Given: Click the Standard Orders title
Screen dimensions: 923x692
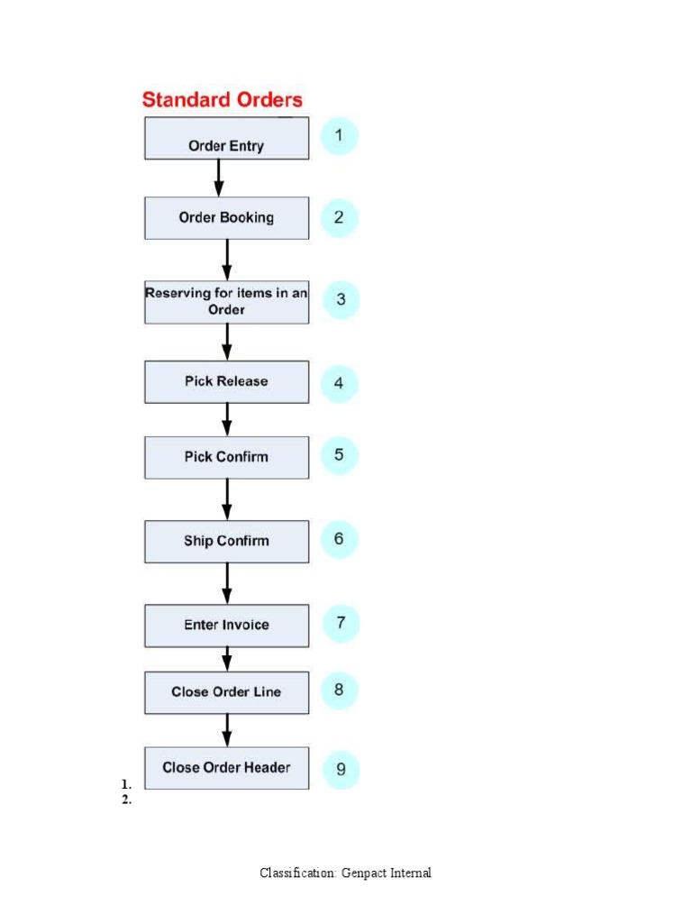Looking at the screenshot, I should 223,99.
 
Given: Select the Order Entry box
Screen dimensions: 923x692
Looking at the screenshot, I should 226,139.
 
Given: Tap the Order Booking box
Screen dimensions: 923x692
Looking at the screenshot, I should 226,217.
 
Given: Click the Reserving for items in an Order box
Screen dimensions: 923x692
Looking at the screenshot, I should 226,301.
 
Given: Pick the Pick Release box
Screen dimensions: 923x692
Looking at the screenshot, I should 226,381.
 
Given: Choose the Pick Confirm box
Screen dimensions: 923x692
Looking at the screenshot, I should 226,457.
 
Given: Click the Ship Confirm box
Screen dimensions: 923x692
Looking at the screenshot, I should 226,541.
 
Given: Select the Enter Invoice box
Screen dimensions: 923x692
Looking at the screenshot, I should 226,625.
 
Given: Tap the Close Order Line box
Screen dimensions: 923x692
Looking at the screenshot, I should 226,692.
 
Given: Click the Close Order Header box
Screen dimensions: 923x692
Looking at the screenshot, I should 226,768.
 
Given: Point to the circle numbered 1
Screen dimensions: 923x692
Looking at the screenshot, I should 339,137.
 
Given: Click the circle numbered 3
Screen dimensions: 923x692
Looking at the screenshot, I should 341,300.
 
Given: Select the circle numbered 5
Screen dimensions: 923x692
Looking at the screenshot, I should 339,455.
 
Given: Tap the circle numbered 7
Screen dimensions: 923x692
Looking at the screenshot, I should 341,623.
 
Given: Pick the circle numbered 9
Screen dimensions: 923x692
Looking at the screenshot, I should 341,770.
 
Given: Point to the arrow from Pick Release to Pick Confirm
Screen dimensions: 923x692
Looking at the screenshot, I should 227,419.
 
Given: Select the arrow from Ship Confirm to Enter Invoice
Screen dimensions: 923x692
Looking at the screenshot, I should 227,583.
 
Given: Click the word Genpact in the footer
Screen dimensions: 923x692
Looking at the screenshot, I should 364,873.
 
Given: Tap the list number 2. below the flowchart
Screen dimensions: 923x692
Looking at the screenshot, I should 127,800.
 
